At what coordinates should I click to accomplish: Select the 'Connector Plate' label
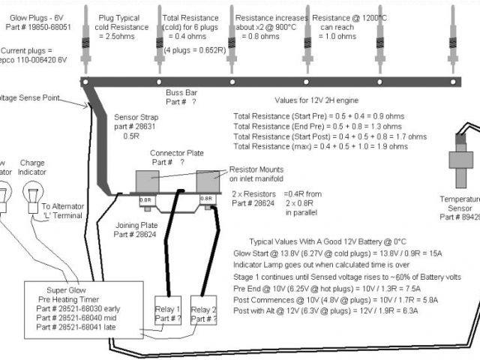(x=177, y=152)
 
